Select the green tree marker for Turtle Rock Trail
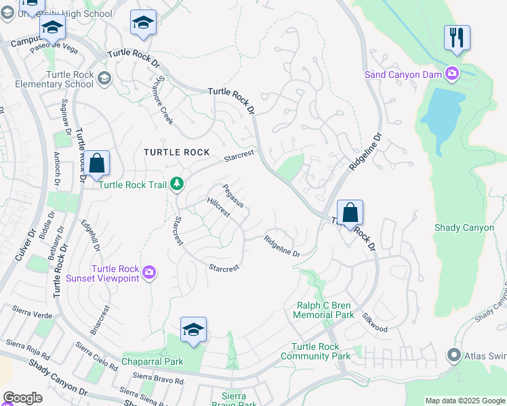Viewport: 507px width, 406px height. pos(176,183)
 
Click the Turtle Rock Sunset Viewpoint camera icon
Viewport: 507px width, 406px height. pos(149,273)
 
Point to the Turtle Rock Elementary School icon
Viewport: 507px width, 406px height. pos(104,79)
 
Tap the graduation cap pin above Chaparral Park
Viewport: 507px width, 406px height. pos(193,330)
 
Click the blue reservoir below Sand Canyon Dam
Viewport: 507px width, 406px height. pos(443,115)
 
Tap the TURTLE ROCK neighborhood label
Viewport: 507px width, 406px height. pos(176,152)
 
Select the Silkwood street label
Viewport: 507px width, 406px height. pos(374,323)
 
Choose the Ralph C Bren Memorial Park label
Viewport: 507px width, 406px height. pos(325,310)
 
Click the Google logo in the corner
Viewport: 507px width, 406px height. pos(22,397)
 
